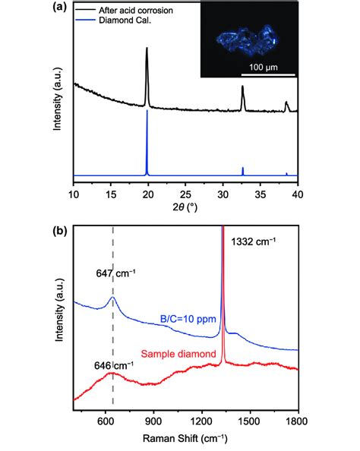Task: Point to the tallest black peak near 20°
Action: click(x=147, y=50)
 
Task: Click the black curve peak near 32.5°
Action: click(x=242, y=89)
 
